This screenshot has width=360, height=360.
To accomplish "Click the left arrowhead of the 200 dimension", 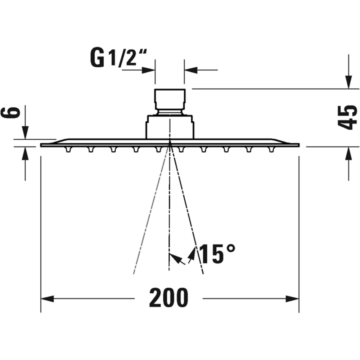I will pos(47,298).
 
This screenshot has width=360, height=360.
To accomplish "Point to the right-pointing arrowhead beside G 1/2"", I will pos(149,69).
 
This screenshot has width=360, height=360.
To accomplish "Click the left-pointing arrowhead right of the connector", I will pos(191,69).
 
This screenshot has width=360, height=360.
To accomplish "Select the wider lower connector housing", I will pos(170,126).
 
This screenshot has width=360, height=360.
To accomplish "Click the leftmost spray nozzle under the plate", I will pos(67,149).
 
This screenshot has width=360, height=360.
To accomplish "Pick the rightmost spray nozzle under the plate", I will pos(271,149).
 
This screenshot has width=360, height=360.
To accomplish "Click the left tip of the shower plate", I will pos(42,145).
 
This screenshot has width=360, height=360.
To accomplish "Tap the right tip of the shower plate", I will pos(298,145).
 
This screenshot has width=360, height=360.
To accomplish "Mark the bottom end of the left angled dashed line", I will pos(134,273).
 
